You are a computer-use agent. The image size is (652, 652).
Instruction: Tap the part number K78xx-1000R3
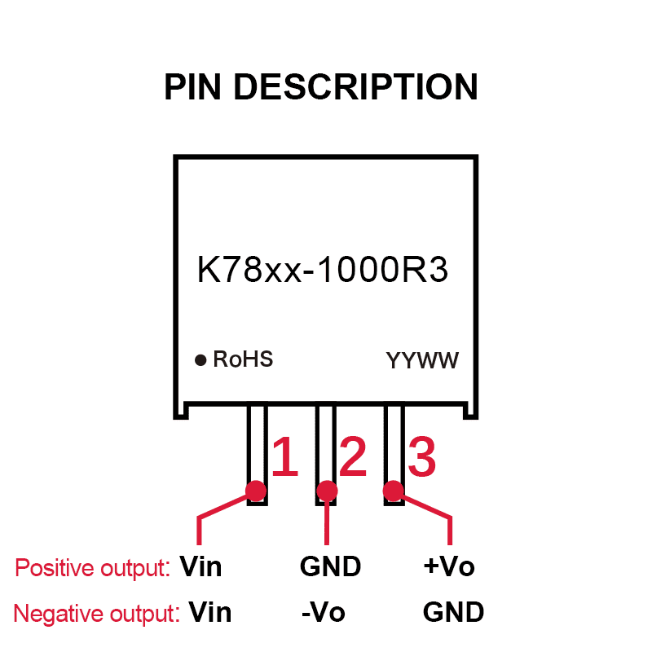pyautogui.click(x=323, y=271)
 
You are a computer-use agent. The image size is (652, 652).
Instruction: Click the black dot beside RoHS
pyautogui.click(x=200, y=359)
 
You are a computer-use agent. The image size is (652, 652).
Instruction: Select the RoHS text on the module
pyautogui.click(x=243, y=359)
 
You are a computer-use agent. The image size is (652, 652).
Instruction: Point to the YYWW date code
pyautogui.click(x=422, y=360)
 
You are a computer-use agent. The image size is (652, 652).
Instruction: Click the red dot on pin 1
pyautogui.click(x=256, y=491)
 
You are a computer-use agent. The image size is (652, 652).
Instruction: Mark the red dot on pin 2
pyautogui.click(x=326, y=491)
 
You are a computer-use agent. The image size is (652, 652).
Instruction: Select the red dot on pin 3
pyautogui.click(x=394, y=491)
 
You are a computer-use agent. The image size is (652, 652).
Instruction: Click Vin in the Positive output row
pyautogui.click(x=200, y=566)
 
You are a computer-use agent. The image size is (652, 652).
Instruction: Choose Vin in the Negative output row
pyautogui.click(x=210, y=612)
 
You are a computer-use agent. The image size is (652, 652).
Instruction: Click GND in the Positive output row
pyautogui.click(x=330, y=566)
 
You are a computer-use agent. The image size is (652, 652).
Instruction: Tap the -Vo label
pyautogui.click(x=324, y=612)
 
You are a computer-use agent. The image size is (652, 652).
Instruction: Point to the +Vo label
pyautogui.click(x=449, y=566)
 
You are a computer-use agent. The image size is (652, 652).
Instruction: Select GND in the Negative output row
pyautogui.click(x=453, y=612)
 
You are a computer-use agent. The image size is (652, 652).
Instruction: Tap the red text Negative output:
pyautogui.click(x=96, y=614)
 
